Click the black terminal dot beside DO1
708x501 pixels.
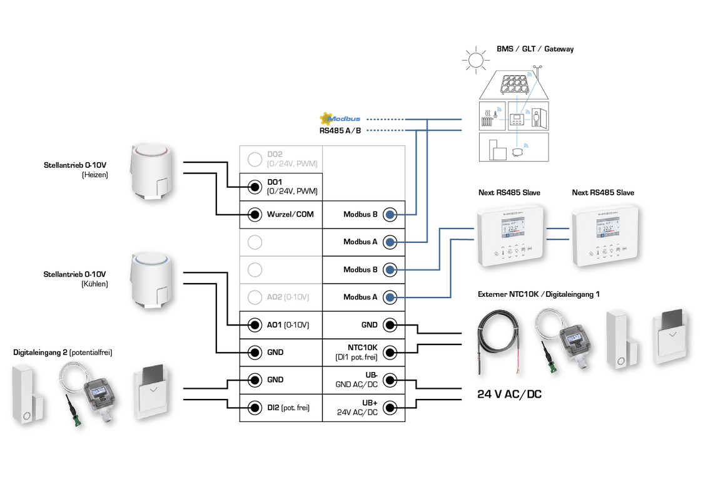pyautogui.click(x=255, y=187)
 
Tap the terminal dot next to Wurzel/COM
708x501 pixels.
pyautogui.click(x=255, y=214)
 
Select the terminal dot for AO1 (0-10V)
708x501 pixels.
pyautogui.click(x=255, y=324)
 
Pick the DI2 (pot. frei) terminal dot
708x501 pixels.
pyautogui.click(x=255, y=407)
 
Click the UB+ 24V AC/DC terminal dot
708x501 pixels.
pyautogui.click(x=390, y=407)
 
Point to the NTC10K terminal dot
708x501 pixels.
pyautogui.click(x=390, y=352)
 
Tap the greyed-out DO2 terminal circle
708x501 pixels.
pyautogui.click(x=255, y=159)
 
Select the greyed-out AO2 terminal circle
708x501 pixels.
pyautogui.click(x=255, y=297)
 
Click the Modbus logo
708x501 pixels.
pyautogui.click(x=340, y=118)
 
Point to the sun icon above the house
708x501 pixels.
pyautogui.click(x=475, y=59)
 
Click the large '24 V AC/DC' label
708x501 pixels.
pyautogui.click(x=510, y=394)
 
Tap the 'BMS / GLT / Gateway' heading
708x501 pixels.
pyautogui.click(x=535, y=49)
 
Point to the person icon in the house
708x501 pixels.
pyautogui.click(x=536, y=118)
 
